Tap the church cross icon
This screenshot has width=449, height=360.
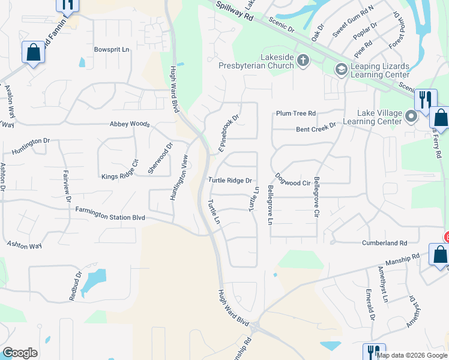[x=304, y=60]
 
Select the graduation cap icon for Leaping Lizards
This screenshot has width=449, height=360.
[x=342, y=70]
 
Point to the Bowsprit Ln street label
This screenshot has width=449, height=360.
[x=112, y=50]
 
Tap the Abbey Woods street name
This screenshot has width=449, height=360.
[x=129, y=124]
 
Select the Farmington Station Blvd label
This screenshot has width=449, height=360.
[x=110, y=213]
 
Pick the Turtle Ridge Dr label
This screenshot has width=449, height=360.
[x=229, y=180]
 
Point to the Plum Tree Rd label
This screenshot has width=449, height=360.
[x=296, y=113]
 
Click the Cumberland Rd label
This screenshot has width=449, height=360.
[x=385, y=243]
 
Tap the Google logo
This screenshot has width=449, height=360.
[x=20, y=352]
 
